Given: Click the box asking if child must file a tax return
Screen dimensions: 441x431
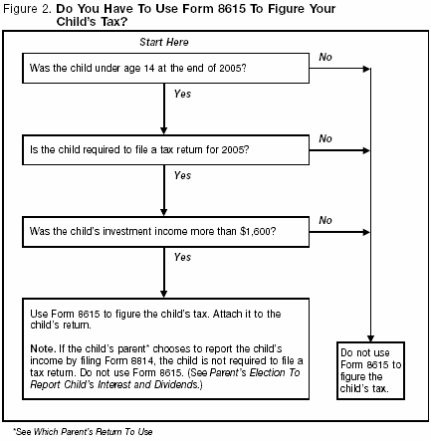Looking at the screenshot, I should [165, 150].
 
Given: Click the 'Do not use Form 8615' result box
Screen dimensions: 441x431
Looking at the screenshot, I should [371, 371].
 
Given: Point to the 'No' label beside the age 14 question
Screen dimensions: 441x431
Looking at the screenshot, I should [324, 58].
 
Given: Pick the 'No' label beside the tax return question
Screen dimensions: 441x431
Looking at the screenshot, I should [324, 137].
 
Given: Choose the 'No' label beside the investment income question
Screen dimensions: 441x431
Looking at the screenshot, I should [324, 219].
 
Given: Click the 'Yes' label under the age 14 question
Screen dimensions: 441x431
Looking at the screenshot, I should [182, 95].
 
